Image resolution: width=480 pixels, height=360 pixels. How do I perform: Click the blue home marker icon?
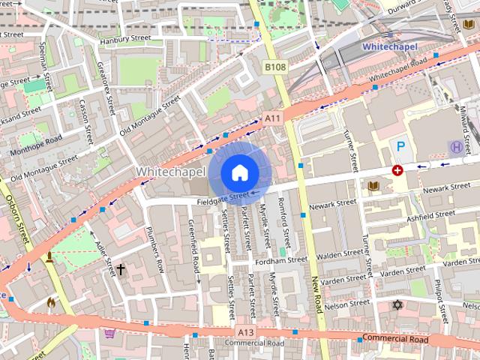tap(239, 173)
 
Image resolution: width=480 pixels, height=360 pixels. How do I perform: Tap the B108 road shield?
tap(275, 67)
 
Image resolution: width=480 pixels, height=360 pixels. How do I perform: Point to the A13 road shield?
tap(244, 331)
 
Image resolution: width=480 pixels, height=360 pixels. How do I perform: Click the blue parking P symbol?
tap(401, 147)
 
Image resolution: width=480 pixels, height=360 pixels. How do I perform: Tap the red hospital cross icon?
tap(397, 171)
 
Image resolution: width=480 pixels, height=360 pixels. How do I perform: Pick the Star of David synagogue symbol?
tap(397, 305)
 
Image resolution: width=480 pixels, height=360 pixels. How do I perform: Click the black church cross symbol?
tap(120, 268)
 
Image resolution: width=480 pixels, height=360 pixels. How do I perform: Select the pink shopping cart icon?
tap(110, 334)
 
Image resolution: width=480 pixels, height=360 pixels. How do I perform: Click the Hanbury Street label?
tap(124, 37)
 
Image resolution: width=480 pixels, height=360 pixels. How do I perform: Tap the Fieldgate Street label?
tap(223, 199)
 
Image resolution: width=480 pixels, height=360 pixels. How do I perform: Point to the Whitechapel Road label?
tap(398, 68)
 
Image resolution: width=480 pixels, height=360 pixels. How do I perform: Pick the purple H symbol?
tap(454, 146)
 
